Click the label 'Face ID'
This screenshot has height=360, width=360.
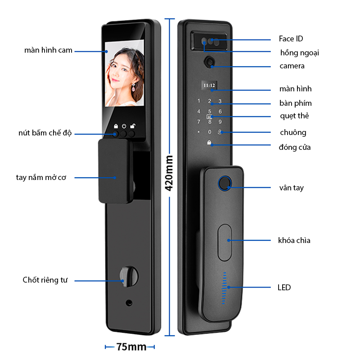291,39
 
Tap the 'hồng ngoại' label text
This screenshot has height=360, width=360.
299,53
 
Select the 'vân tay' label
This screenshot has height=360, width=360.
291,188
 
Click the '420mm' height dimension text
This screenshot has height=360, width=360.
169,173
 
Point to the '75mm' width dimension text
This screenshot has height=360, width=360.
131,347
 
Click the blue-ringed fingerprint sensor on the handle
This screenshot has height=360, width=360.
225,183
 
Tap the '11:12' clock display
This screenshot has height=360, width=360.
209,85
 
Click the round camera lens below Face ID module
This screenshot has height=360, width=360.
210,62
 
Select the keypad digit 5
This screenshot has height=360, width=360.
209,111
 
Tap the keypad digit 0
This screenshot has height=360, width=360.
209,132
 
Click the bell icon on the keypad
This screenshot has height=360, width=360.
220,132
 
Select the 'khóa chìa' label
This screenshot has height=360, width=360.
294,240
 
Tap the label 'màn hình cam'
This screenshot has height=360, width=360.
48,50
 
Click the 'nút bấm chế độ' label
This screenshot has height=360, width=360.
45,133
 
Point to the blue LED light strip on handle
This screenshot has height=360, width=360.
224,287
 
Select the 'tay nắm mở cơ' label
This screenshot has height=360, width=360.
41,177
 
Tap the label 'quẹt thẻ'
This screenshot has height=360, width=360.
294,116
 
